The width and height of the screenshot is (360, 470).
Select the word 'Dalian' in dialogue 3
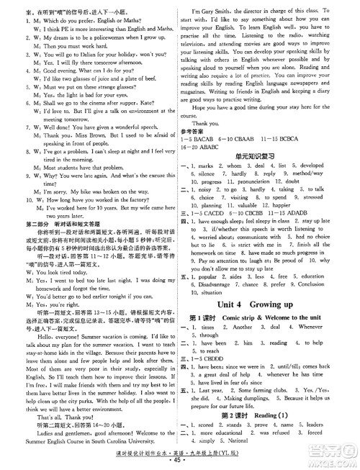pyautogui.click(x=77, y=54)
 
